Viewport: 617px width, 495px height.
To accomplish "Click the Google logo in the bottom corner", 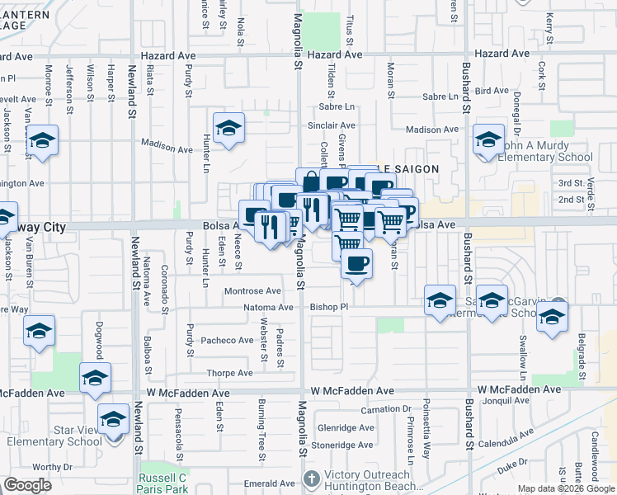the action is [27, 485].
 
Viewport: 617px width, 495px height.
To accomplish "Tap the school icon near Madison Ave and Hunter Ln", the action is [228, 130].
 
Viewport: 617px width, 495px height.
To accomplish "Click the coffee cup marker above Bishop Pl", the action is [356, 264].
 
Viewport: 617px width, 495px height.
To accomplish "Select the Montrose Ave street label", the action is [253, 291].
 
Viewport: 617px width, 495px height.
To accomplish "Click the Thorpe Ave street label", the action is [229, 373].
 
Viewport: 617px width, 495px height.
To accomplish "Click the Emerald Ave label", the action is [263, 483].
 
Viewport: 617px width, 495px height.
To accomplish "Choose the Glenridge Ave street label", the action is [347, 427].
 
